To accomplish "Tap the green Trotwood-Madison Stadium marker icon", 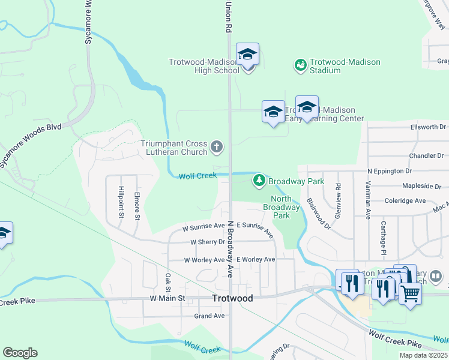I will (x=300, y=64).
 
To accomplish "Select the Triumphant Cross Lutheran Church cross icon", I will (x=217, y=146).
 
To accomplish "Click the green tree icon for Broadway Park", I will (x=259, y=179).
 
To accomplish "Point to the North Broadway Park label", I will (x=281, y=207).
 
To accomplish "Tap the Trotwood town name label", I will (x=232, y=298).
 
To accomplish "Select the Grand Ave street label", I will (x=209, y=316).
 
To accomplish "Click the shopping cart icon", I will (x=410, y=293).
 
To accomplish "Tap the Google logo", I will (x=20, y=353).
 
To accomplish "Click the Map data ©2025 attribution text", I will (x=423, y=355).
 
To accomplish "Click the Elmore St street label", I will (x=137, y=205).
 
